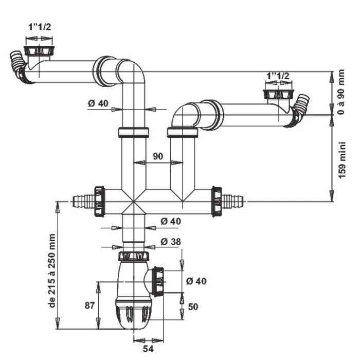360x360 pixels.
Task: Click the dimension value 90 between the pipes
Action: click(x=158, y=156)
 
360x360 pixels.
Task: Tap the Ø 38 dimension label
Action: click(x=171, y=241)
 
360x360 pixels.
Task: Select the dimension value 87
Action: click(x=89, y=305)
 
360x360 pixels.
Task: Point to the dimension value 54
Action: click(x=148, y=349)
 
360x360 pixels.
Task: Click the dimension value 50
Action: click(x=193, y=307)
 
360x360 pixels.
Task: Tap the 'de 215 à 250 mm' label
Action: click(x=51, y=271)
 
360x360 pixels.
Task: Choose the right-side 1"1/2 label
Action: click(x=278, y=76)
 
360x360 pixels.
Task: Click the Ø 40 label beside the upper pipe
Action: click(x=98, y=103)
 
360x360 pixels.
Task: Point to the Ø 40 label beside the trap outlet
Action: click(x=196, y=281)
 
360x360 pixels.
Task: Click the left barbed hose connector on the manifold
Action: click(x=82, y=201)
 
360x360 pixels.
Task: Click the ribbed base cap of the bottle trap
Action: click(x=135, y=313)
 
